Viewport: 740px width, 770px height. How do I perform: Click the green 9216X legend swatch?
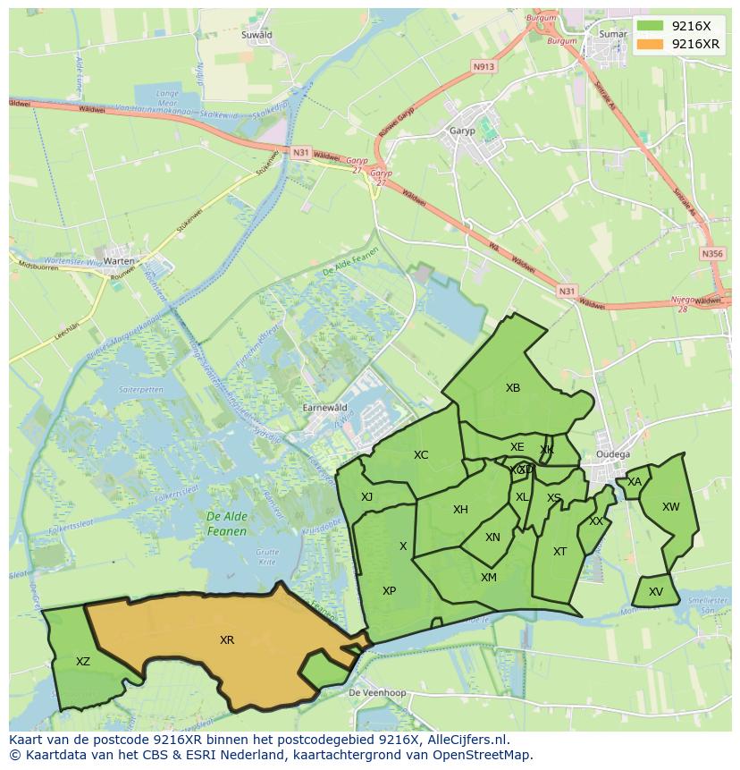click(650, 27)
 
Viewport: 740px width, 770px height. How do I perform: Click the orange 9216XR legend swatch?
click(650, 44)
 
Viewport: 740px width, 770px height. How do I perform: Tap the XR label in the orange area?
click(227, 640)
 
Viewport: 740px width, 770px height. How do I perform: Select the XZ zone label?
click(83, 662)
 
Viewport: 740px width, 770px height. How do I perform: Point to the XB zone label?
click(513, 388)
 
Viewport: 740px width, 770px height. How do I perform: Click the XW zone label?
click(671, 507)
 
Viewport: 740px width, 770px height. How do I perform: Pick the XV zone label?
click(656, 592)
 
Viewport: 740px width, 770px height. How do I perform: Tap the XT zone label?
click(559, 552)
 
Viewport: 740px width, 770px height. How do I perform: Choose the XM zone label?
click(489, 578)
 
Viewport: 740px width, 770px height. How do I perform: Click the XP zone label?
click(389, 591)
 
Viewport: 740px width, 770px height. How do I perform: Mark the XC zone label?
click(421, 455)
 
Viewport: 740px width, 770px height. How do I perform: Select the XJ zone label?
click(366, 497)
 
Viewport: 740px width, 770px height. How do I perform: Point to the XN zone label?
click(492, 537)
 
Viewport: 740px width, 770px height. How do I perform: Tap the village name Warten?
click(119, 261)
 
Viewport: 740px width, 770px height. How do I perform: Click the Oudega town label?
click(612, 454)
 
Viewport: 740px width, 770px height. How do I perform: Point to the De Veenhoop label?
click(376, 693)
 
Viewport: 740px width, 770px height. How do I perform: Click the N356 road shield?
click(712, 254)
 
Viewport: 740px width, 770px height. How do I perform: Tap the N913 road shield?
click(484, 66)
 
